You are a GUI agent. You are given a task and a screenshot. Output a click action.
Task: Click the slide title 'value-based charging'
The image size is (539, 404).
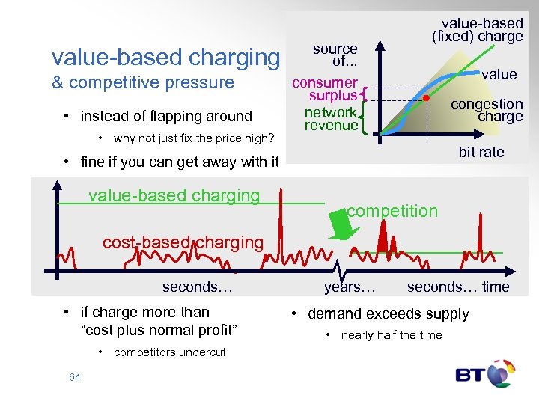(165, 57)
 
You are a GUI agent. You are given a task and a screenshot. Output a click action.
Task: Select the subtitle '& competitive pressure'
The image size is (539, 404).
(142, 82)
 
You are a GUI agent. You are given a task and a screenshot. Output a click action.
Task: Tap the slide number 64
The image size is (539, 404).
(74, 377)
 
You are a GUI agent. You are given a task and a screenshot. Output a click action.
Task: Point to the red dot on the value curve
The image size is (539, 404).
(426, 98)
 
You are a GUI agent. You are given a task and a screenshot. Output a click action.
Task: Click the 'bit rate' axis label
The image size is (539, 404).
(481, 152)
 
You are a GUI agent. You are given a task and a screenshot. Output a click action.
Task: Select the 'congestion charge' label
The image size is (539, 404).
(486, 110)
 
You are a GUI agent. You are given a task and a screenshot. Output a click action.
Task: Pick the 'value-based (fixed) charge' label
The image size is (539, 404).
(477, 29)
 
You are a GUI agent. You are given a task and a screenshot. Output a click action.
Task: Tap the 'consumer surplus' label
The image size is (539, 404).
(325, 88)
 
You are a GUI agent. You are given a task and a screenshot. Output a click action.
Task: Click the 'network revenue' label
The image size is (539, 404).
(331, 119)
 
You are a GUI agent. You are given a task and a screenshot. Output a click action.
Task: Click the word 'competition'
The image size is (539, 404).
(392, 211)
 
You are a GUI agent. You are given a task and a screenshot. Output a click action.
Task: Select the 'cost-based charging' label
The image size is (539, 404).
(183, 242)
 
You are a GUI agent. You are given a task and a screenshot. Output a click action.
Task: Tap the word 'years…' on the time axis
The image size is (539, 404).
(350, 287)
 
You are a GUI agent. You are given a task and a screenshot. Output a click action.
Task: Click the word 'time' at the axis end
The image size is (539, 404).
(496, 287)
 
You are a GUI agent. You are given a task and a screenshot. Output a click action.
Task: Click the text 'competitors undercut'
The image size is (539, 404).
(169, 352)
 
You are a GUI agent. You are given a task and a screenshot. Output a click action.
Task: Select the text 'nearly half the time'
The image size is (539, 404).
(391, 335)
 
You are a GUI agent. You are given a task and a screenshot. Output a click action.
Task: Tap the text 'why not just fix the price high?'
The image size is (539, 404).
(194, 138)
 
